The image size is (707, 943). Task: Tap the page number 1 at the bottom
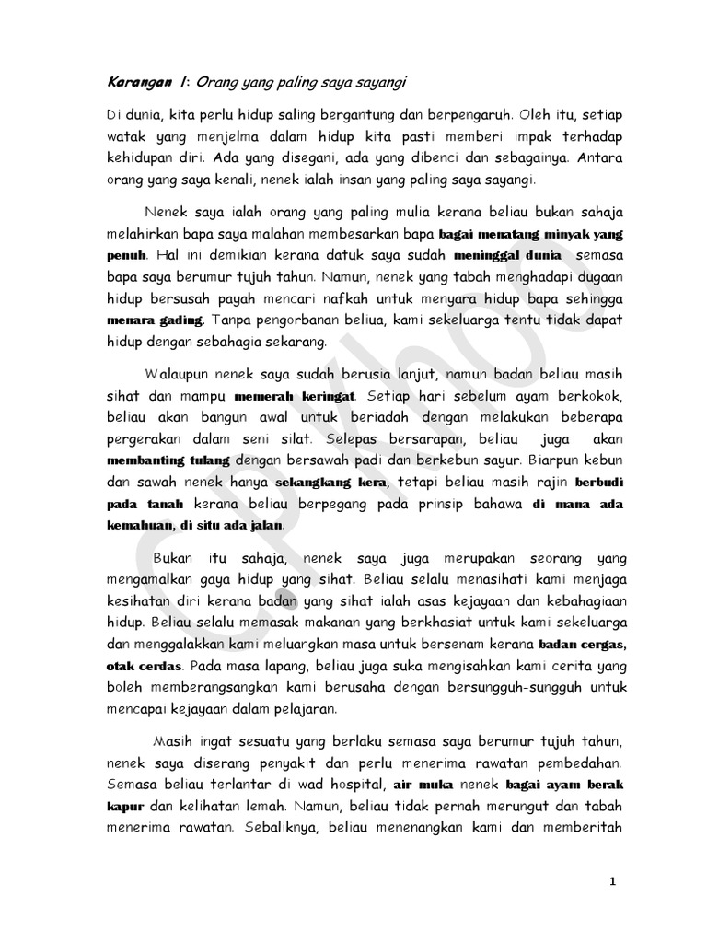click(x=613, y=881)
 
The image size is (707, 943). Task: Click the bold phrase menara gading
click(x=154, y=320)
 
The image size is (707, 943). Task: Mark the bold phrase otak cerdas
click(x=139, y=665)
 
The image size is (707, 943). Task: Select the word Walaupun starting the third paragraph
click(x=178, y=375)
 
